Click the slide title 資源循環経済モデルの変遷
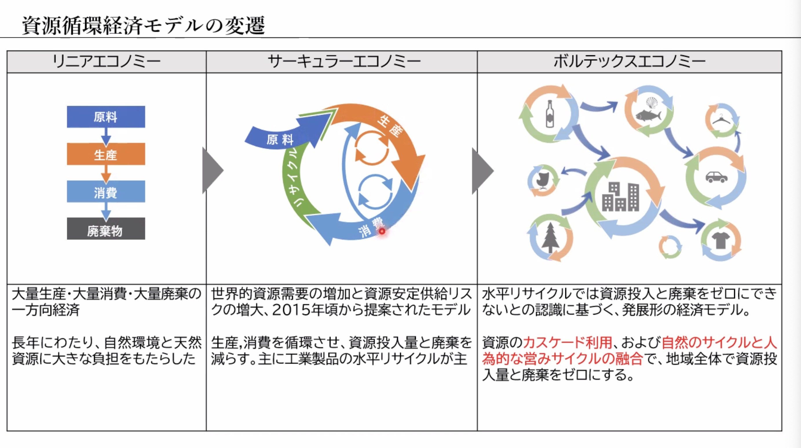143,26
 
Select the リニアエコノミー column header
106,62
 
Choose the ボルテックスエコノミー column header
629,62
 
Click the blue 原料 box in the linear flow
106,117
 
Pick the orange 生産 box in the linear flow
106,154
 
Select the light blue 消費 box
106,192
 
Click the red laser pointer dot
382,231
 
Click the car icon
716,177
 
